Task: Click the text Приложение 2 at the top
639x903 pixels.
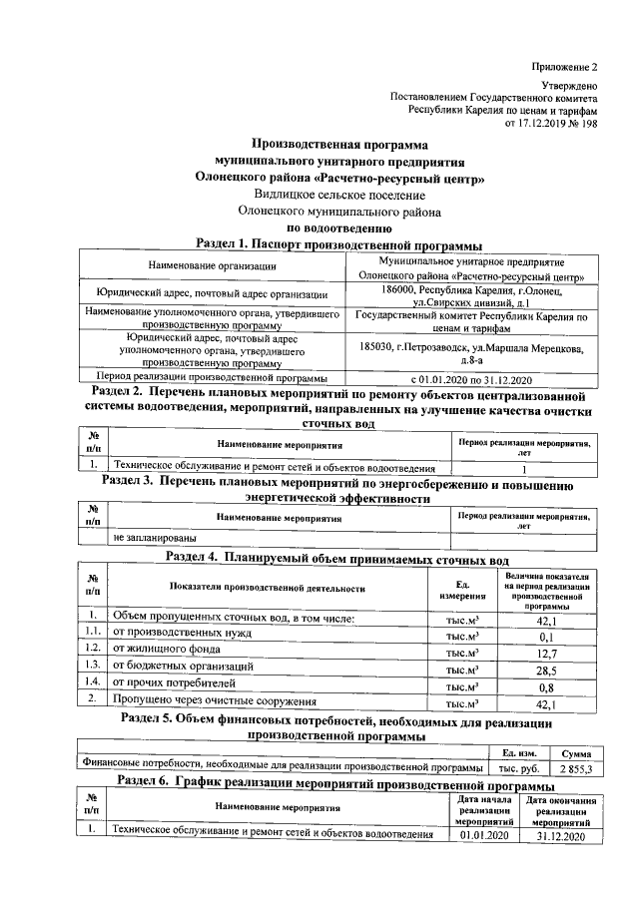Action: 563,67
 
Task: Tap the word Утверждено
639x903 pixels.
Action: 569,88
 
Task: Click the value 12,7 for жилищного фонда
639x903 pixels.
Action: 546,654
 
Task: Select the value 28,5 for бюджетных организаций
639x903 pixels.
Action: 546,672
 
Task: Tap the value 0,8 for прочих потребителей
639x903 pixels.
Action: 546,687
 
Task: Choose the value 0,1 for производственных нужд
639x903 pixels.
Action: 546,637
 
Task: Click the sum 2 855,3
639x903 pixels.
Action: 575,770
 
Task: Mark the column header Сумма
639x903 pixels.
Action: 575,754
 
